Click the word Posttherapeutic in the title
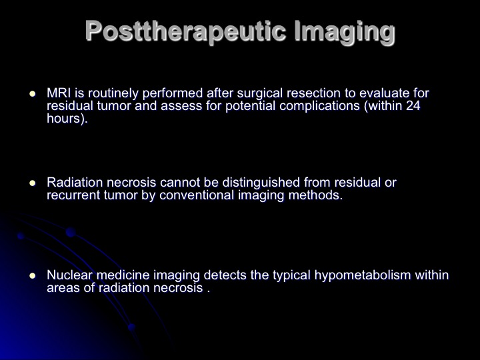(x=185, y=31)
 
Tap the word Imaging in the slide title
(x=345, y=32)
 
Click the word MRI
(x=58, y=93)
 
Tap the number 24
(x=413, y=105)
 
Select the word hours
(x=63, y=118)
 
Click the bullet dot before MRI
(x=33, y=94)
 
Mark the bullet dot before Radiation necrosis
(x=33, y=183)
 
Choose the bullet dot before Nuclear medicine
(x=33, y=276)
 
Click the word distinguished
(x=261, y=183)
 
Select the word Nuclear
(x=69, y=275)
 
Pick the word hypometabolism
(x=363, y=275)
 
